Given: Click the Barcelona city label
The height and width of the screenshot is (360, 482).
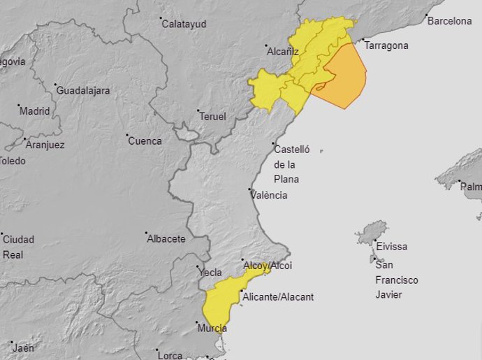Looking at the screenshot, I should click(x=449, y=21).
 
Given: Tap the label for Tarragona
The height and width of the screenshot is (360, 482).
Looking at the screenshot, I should click(x=386, y=46).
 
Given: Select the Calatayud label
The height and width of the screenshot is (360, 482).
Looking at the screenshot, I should click(x=184, y=24).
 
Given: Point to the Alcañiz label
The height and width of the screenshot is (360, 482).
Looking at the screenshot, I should click(x=283, y=51).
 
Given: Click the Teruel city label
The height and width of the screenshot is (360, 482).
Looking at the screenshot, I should click(x=213, y=117).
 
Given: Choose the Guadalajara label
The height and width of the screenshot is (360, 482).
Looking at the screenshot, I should click(x=84, y=91).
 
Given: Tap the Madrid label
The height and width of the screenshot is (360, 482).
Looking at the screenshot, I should click(x=35, y=111).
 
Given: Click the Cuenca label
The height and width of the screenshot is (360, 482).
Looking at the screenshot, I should click(x=145, y=141).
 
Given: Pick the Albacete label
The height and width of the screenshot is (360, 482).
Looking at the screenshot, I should click(x=166, y=239).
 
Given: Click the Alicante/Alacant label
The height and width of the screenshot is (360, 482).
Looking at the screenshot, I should click(x=277, y=297).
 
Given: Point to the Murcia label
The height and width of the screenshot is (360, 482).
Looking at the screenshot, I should click(x=212, y=329).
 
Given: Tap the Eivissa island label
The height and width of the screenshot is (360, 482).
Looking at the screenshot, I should click(x=391, y=247).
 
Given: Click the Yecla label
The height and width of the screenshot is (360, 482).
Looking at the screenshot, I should click(x=210, y=273).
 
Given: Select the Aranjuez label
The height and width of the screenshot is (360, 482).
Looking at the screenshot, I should click(x=45, y=145).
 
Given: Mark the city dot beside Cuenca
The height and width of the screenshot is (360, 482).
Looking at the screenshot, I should click(x=126, y=135).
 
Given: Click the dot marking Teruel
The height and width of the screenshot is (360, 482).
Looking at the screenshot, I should click(x=198, y=110).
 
